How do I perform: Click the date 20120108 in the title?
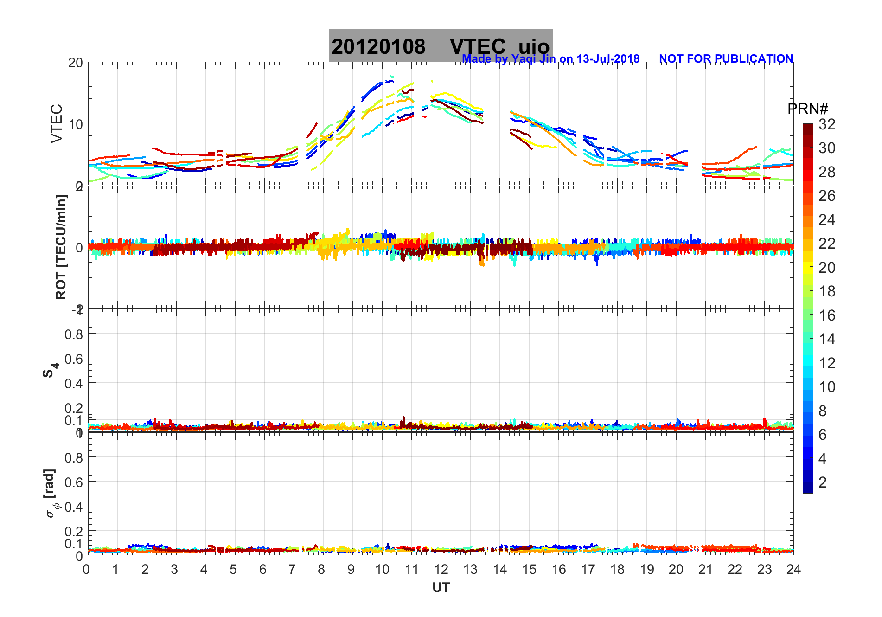378,47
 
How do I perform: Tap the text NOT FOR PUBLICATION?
726,59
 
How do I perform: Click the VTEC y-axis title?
57,123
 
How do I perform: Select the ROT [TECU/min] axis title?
61,247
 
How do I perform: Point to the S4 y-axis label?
51,370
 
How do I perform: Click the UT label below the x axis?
441,588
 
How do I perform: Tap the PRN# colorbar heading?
808,109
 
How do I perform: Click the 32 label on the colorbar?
827,124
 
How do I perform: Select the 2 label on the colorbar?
823,482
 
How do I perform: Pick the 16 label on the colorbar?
827,315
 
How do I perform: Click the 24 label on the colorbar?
827,220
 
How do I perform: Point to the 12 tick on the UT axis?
441,569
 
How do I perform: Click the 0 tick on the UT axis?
87,569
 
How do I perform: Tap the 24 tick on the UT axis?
793,569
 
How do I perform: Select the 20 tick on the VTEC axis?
75,63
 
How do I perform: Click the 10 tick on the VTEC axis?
75,124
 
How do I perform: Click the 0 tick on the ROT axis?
79,247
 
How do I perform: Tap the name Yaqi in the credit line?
522,59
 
